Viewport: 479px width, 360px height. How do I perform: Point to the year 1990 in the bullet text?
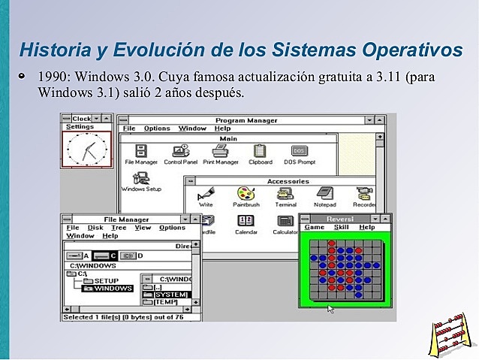(x=52, y=77)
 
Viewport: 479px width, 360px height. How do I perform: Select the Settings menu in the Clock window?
(x=80, y=127)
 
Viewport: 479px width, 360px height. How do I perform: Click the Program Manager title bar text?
(x=246, y=120)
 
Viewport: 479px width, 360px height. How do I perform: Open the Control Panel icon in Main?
(x=180, y=152)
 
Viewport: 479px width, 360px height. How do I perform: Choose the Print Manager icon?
(x=220, y=152)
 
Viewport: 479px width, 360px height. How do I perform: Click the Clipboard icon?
(x=260, y=152)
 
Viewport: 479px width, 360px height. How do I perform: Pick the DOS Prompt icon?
(x=299, y=152)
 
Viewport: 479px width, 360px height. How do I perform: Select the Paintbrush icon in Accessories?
(x=246, y=195)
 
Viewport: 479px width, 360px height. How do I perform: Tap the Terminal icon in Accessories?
(x=285, y=195)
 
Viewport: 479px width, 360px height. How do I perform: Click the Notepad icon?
(x=325, y=195)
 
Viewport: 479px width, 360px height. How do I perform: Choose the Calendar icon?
(x=246, y=222)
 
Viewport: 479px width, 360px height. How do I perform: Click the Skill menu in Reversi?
(x=341, y=227)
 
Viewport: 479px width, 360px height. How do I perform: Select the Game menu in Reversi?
(x=314, y=227)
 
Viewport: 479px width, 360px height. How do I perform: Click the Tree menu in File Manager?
(x=119, y=228)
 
